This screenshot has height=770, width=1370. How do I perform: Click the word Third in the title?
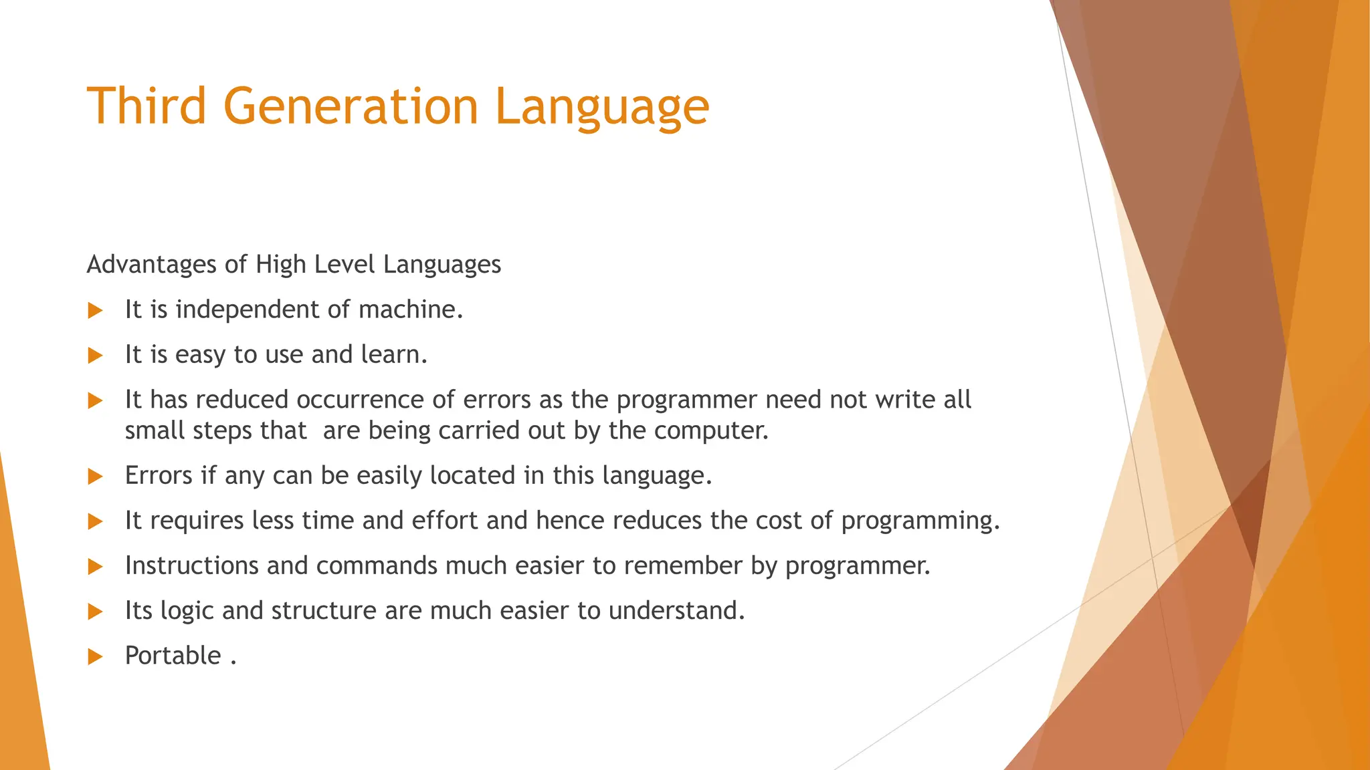point(146,106)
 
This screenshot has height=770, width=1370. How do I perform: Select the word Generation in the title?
point(351,106)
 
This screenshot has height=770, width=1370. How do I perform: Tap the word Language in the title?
point(601,107)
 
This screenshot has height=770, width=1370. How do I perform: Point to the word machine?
point(410,309)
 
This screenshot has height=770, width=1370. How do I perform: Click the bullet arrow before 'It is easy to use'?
point(96,355)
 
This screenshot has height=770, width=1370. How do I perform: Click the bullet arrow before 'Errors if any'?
point(96,477)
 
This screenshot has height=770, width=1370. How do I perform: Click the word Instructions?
point(191,565)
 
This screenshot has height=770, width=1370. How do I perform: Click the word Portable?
point(173,656)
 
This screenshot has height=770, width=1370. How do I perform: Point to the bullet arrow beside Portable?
point(96,656)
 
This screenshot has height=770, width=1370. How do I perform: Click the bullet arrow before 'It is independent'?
point(96,310)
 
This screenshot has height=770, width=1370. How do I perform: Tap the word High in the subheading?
point(281,265)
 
